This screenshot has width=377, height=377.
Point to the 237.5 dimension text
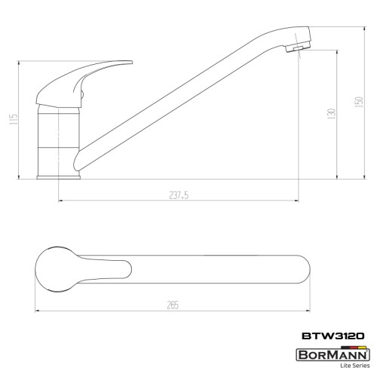pyautogui.click(x=179, y=195)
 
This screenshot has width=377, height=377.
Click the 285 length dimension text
pyautogui.click(x=173, y=305)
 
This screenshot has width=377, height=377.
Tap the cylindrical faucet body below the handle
pyautogui.click(x=58, y=136)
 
